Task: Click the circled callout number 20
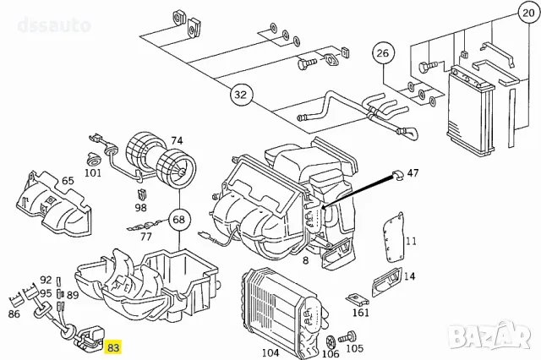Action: click(529, 15)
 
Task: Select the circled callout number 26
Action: click(384, 53)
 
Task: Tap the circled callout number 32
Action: click(241, 94)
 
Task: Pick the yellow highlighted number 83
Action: click(112, 346)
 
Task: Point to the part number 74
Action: click(177, 140)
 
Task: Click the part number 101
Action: click(93, 173)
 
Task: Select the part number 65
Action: click(68, 181)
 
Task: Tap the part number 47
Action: click(413, 172)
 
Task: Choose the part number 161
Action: click(361, 313)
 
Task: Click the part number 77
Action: click(146, 237)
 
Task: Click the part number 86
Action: click(14, 313)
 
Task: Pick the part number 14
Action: click(409, 275)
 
